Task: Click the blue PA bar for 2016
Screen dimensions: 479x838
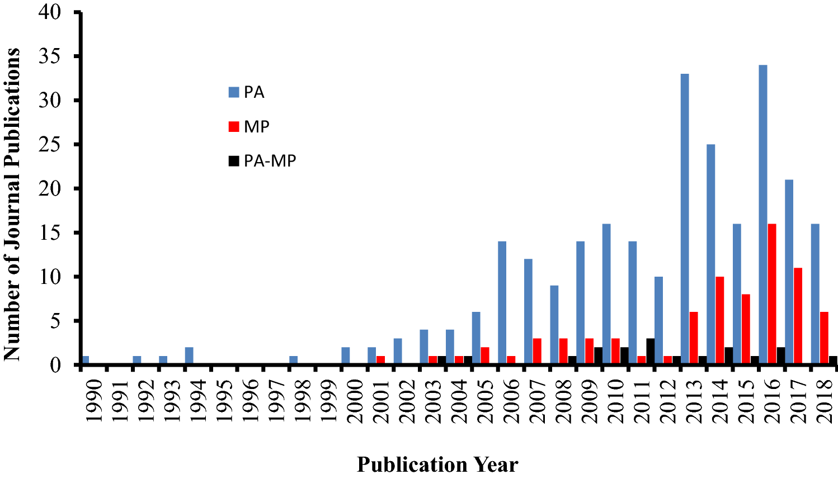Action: point(763,215)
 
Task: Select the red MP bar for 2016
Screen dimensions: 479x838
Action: point(772,294)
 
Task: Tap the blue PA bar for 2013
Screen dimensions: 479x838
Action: point(685,219)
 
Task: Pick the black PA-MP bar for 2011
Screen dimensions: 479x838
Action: point(650,352)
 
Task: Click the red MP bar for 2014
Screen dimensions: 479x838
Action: point(719,320)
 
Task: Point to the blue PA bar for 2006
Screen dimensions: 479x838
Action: point(502,303)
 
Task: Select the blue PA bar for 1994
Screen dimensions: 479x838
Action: point(189,355)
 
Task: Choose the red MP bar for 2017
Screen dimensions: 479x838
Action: point(798,316)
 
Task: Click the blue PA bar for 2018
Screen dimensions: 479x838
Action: point(815,294)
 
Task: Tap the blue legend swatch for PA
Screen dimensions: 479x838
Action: point(234,92)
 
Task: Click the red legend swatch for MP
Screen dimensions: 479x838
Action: point(234,126)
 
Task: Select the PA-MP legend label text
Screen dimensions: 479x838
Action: point(270,161)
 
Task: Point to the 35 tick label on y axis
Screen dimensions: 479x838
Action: point(51,57)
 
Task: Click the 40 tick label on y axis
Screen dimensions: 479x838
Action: point(51,12)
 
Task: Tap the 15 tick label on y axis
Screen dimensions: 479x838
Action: point(51,233)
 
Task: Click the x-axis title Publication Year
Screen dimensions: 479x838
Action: point(437,464)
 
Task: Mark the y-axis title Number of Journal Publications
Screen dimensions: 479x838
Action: point(12,204)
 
